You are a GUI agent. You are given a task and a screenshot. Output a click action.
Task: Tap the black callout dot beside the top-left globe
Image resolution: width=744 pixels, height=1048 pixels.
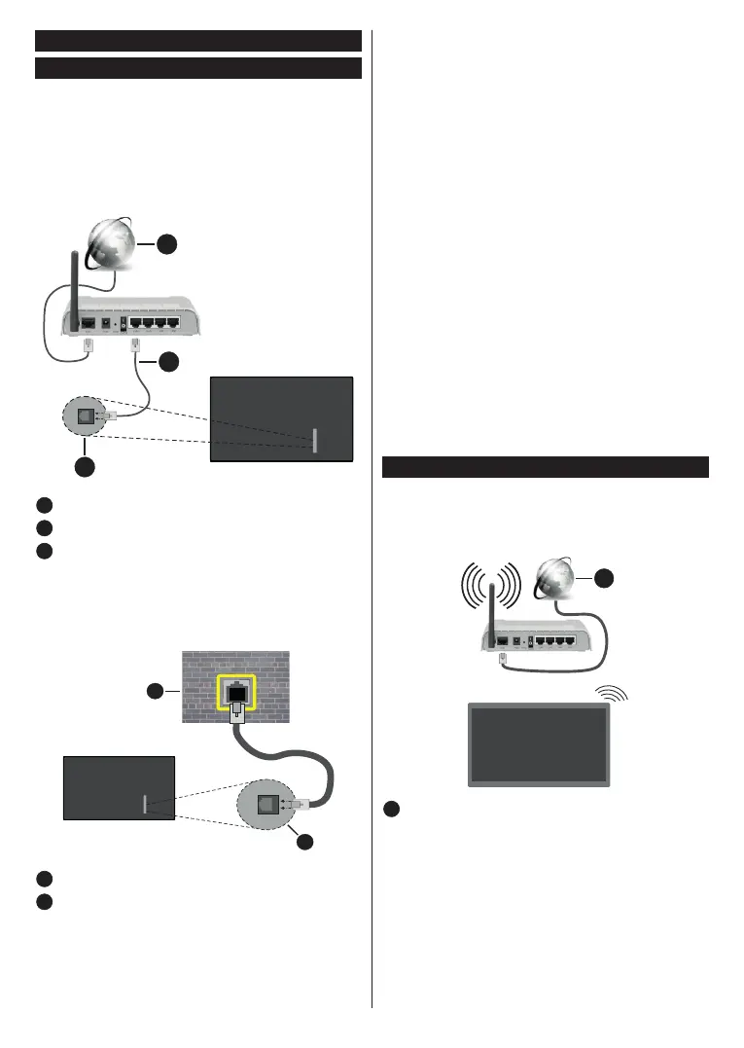(x=169, y=244)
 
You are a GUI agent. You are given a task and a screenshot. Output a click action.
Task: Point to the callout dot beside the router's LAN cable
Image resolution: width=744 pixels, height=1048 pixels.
(x=169, y=362)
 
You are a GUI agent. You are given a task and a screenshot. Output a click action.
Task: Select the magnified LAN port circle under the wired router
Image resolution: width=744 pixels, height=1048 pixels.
(x=89, y=417)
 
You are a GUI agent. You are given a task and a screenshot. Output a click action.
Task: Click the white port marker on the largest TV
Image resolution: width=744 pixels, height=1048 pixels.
(x=314, y=440)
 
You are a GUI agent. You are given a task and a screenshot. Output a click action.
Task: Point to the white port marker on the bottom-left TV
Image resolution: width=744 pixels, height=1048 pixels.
(x=144, y=804)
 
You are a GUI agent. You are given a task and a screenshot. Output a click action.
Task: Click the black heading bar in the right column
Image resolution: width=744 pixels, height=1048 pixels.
(x=545, y=468)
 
